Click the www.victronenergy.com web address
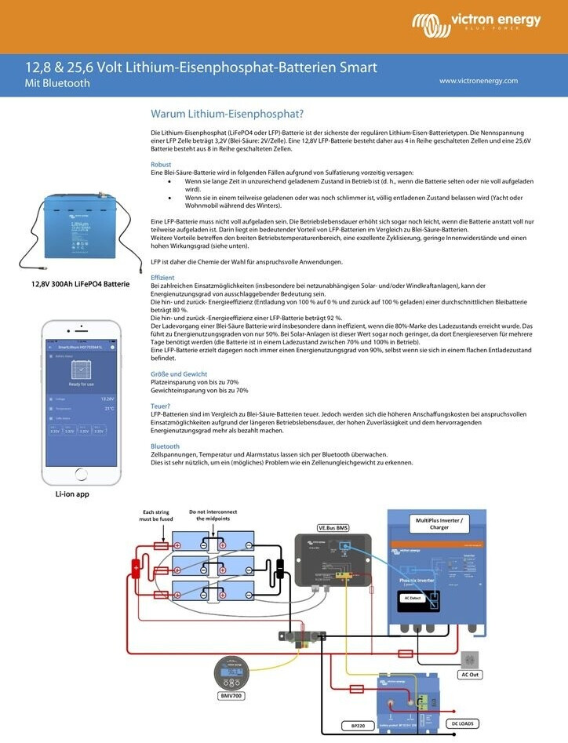coord(479,81)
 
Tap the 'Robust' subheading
coord(161,165)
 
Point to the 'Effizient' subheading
coord(162,278)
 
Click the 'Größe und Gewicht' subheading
coord(179,374)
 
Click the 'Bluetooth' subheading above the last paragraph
coord(165,446)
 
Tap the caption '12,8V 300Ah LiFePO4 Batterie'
coord(80,284)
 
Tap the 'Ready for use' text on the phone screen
coord(82,384)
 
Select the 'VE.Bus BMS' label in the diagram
coord(333,527)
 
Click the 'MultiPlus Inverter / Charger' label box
coord(439,523)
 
